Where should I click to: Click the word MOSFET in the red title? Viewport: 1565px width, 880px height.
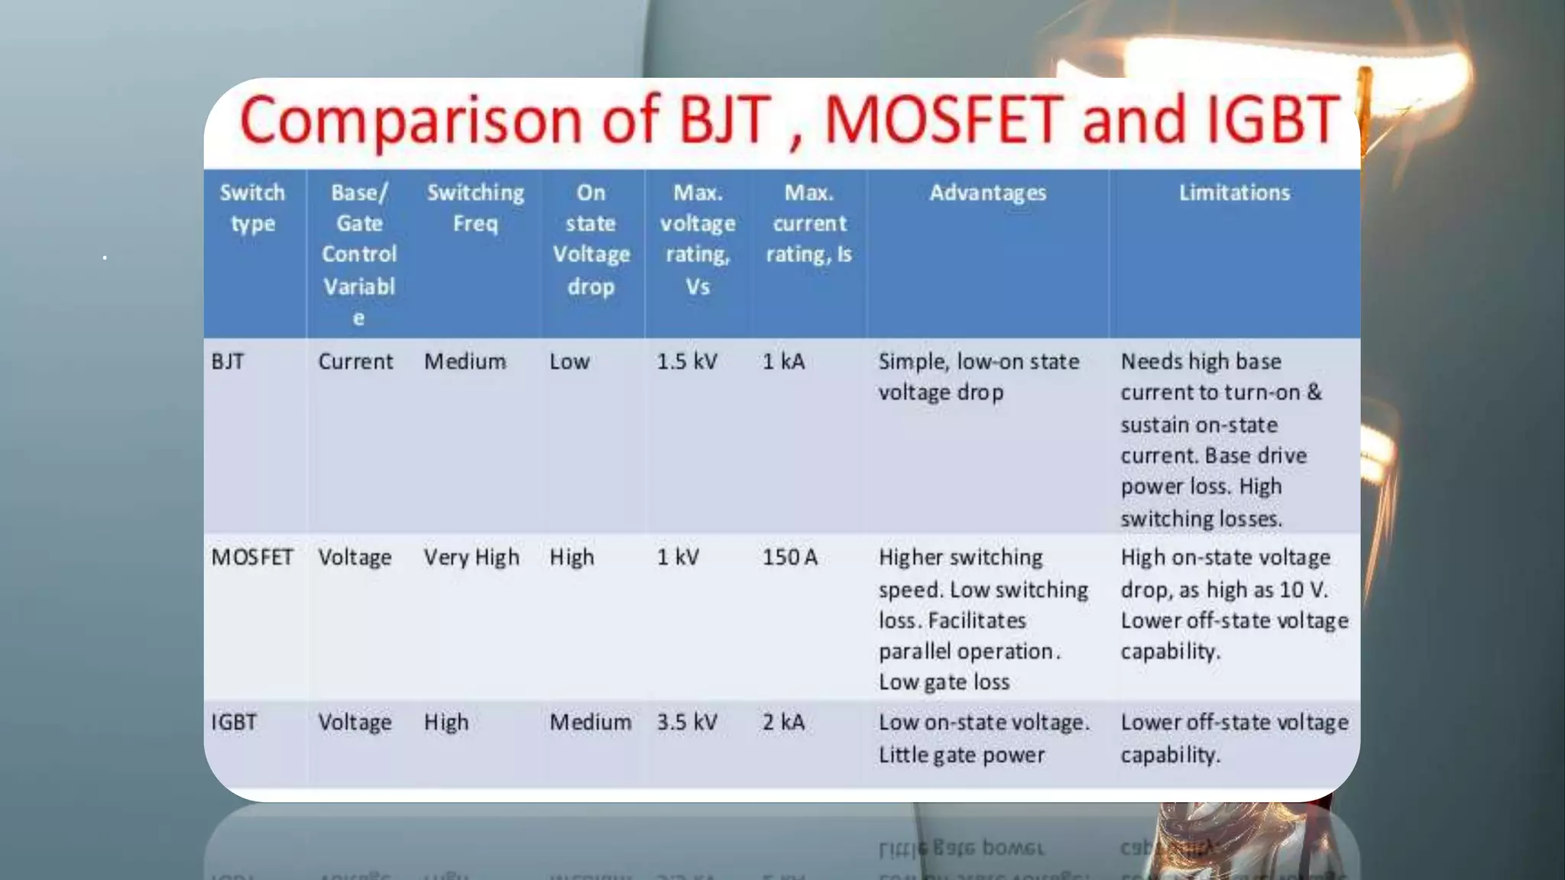tap(945, 121)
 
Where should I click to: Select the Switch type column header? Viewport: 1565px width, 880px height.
tap(252, 208)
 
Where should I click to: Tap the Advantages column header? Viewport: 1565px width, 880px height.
tap(987, 192)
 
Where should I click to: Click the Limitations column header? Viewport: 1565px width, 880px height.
tap(1234, 192)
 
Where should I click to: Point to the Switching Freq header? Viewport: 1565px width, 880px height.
tap(475, 208)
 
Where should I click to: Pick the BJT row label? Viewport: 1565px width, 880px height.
tap(228, 361)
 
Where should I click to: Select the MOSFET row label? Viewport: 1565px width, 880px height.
tap(252, 558)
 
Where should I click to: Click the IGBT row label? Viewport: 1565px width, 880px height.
tap(234, 723)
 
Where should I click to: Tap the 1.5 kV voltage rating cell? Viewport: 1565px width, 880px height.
tap(687, 361)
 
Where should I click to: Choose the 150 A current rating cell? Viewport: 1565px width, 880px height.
tap(789, 558)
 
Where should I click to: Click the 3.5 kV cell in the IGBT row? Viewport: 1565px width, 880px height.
tap(687, 723)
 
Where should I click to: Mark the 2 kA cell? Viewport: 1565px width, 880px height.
tap(783, 723)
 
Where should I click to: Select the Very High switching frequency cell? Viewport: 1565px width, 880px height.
tap(471, 558)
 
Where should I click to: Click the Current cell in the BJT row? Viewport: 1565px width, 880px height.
tap(355, 361)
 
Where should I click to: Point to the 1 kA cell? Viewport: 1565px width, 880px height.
tap(783, 361)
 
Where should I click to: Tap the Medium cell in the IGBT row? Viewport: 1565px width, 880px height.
tap(590, 723)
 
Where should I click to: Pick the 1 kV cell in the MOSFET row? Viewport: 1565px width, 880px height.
tap(678, 558)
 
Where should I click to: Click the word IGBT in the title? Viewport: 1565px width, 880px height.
tap(1272, 121)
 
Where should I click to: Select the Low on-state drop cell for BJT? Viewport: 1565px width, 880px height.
tap(569, 361)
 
